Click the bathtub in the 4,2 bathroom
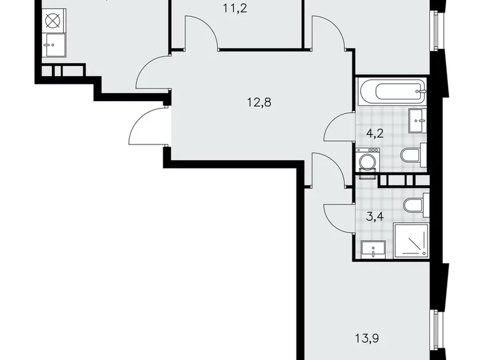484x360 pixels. (x=392, y=92)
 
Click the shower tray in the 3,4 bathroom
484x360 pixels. (x=410, y=240)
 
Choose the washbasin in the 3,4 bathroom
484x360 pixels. (x=373, y=250)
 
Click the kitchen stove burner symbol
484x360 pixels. (x=52, y=20)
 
